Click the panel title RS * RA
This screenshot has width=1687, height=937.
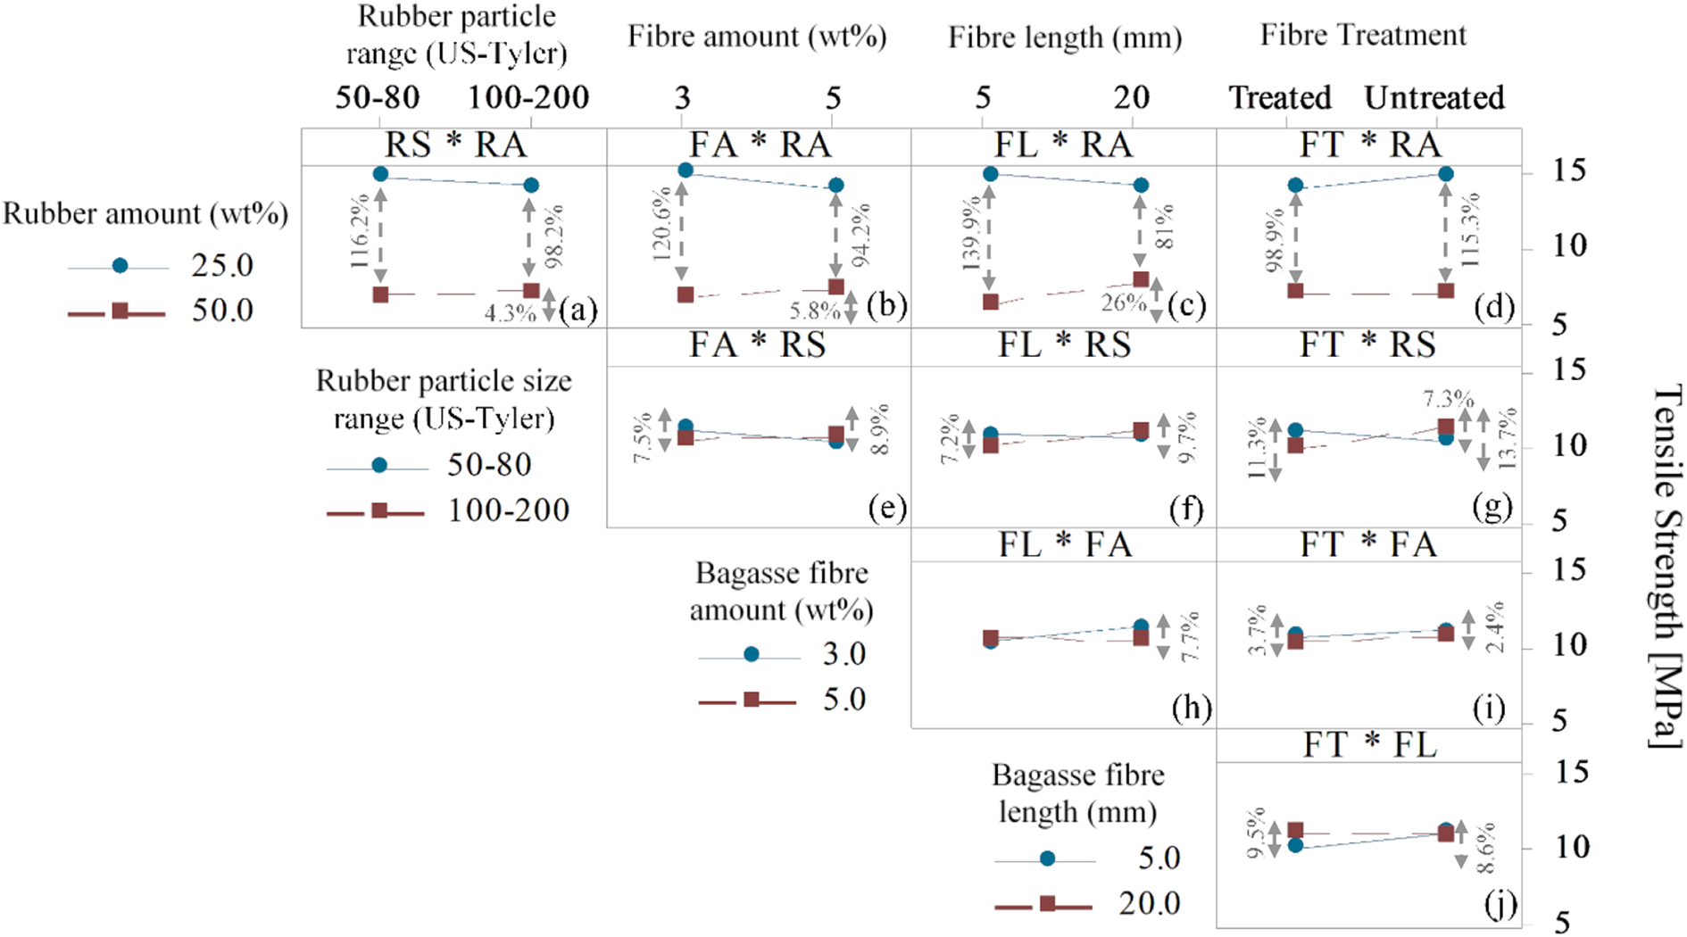click(455, 145)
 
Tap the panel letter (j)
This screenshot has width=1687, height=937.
click(1500, 905)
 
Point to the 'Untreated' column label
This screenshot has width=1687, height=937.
click(1434, 97)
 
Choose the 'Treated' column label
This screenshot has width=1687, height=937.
click(1280, 97)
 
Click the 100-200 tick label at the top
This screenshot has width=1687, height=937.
click(528, 97)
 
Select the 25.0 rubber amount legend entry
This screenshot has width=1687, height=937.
click(161, 265)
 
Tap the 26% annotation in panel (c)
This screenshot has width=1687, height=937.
click(1123, 303)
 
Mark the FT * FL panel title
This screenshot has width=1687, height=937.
click(1369, 744)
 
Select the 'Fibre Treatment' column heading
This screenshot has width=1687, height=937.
click(1363, 35)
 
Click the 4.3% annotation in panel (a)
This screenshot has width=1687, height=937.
click(510, 313)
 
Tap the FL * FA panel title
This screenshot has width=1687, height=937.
click(1064, 544)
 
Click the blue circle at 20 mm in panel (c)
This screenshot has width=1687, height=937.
click(1141, 185)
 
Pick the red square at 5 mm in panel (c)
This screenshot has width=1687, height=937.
click(990, 303)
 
